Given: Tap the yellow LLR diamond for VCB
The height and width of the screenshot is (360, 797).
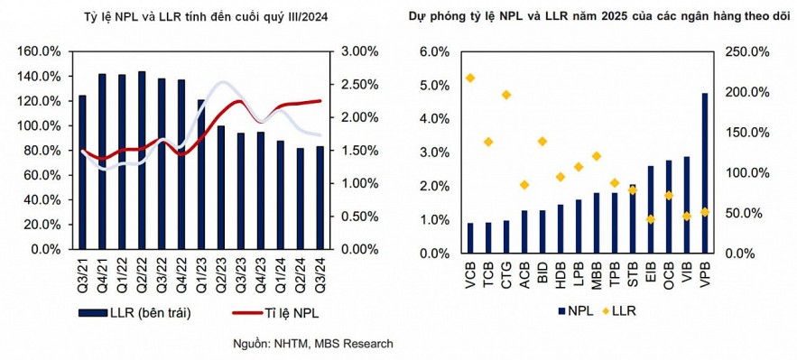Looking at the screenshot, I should coord(469,78).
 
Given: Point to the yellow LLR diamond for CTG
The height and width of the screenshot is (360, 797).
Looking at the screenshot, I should coord(506,95).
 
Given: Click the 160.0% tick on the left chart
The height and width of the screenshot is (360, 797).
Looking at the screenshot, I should coord(43,51).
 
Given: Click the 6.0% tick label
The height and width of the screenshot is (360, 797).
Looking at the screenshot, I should coord(431,51).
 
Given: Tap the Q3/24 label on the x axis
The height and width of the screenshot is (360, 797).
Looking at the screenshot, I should coord(320,272).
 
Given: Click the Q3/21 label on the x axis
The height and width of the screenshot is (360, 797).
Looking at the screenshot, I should coord(82,272).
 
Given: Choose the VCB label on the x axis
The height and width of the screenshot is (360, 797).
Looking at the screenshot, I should coord(470,273).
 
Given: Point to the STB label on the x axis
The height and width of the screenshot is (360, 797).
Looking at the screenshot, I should coord(633,273).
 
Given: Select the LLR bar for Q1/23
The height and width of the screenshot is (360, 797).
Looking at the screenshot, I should coord(201,174).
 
